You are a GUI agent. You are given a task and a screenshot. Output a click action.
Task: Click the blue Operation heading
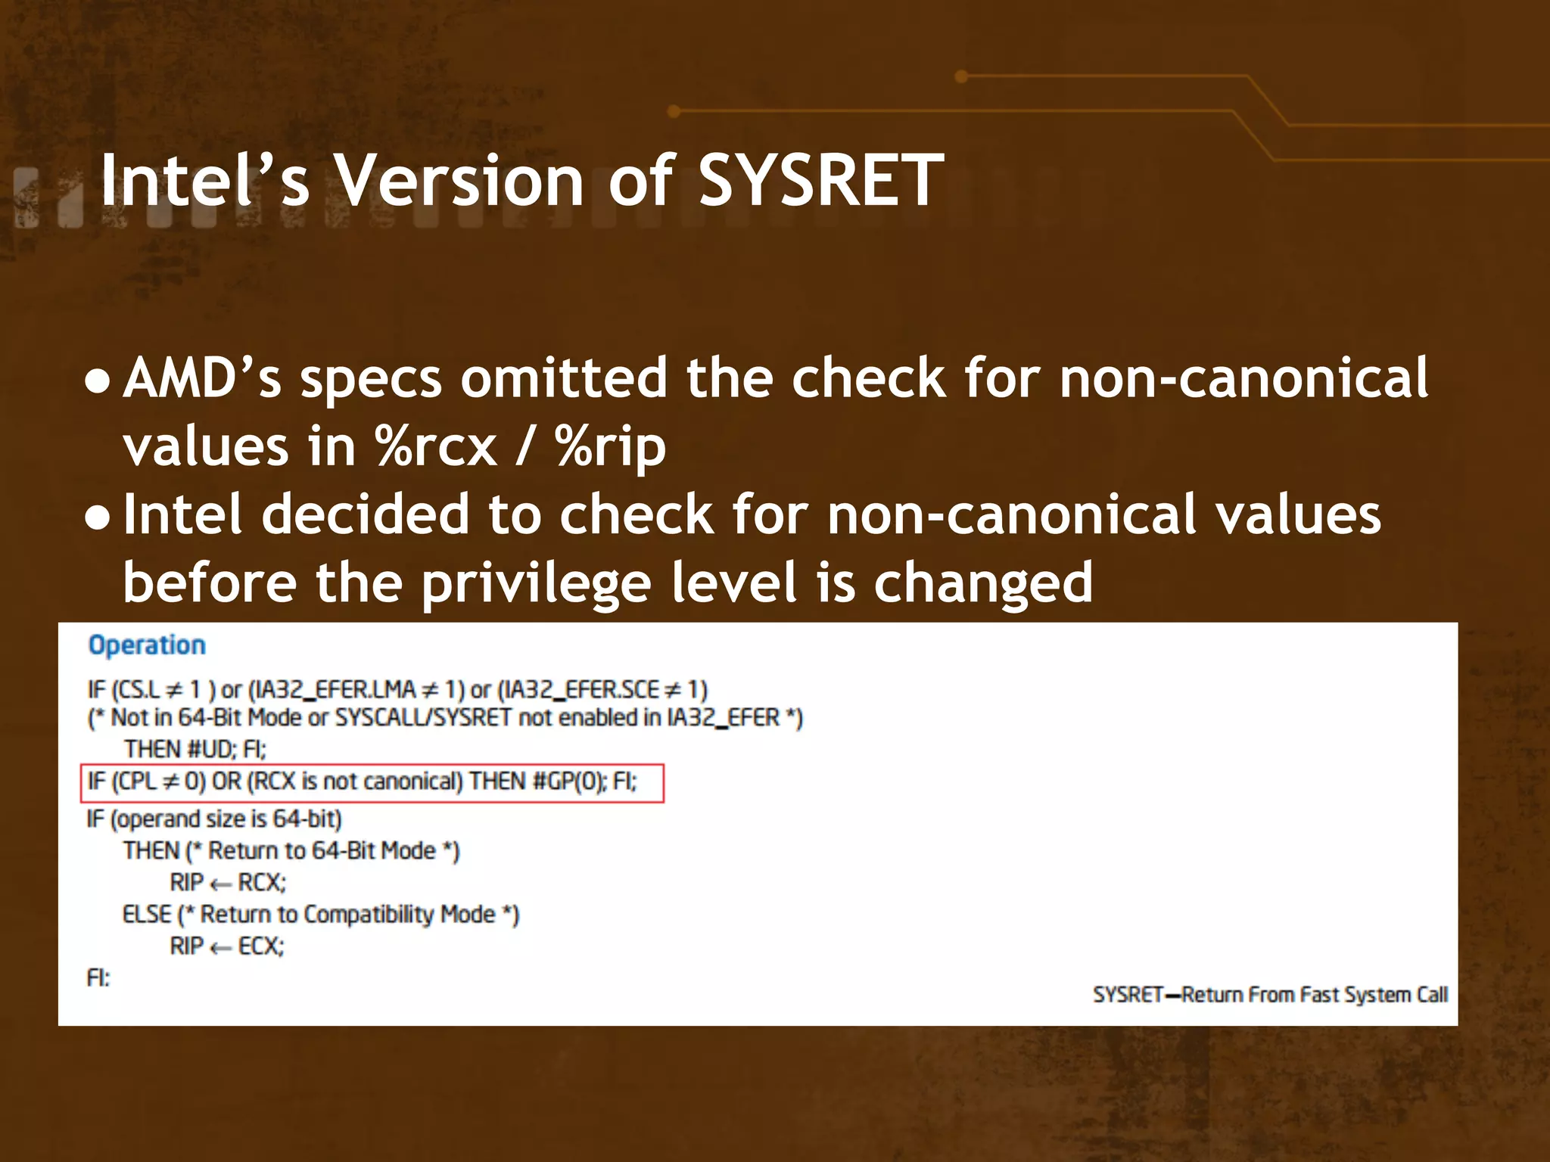point(147,645)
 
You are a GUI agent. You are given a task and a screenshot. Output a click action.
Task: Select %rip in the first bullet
point(610,446)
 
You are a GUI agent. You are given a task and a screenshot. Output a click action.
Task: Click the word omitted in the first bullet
point(564,378)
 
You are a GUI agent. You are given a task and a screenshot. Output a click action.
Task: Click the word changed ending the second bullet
point(983,584)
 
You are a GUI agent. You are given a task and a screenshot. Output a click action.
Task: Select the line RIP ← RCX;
point(227,882)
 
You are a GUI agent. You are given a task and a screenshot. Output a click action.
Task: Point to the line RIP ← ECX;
point(226,946)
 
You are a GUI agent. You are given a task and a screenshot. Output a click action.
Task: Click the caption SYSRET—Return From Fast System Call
point(1270,994)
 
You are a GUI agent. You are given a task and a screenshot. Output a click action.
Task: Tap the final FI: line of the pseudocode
point(98,978)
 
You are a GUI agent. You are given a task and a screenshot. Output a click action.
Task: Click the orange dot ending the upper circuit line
point(962,76)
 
